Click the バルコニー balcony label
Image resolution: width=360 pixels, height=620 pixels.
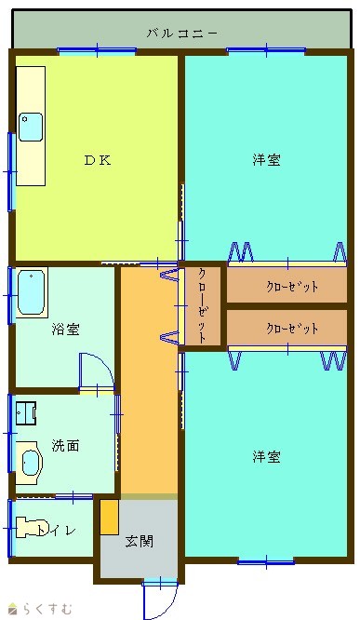coord(181,34)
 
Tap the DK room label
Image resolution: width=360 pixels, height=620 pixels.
coord(98,160)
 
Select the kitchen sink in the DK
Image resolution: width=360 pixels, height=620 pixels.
coord(31,127)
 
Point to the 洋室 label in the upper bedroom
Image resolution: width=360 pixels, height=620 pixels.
coord(267,160)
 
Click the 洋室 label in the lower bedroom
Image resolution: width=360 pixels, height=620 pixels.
coord(267,457)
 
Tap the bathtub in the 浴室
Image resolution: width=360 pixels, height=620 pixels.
coord(31,292)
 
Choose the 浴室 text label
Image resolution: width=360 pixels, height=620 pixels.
coord(66,329)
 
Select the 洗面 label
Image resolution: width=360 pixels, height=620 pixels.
coord(66,446)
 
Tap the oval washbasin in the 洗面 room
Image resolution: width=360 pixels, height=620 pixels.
coord(30,463)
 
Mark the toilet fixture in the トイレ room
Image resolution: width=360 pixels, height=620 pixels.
coord(28,528)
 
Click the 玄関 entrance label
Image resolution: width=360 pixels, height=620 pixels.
coord(140,541)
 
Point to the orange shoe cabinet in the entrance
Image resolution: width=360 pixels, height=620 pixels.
coord(110,518)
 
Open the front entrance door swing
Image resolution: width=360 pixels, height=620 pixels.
coord(160,600)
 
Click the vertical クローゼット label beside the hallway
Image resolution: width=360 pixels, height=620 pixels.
coord(202,305)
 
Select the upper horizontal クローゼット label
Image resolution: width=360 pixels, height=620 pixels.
coord(292,287)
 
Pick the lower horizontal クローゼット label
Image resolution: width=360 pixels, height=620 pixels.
coord(292,329)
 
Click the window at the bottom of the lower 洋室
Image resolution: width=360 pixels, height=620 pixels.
coord(266,561)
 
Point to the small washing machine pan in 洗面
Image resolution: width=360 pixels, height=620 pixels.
coord(26,413)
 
